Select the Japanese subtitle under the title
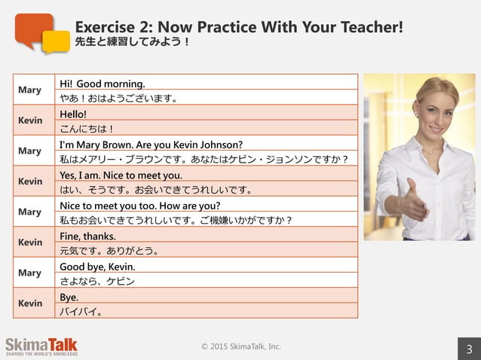pos(133,44)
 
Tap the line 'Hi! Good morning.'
pos(102,83)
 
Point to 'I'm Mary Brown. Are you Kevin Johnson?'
pos(151,145)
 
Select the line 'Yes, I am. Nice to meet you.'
pos(121,175)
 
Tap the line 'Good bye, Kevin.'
pos(97,267)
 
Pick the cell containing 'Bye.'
pos(69,297)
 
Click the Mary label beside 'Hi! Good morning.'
pos(30,90)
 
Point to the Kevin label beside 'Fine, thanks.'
pos(30,243)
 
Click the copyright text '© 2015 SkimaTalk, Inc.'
pos(240,346)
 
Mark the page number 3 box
pos(469,349)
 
